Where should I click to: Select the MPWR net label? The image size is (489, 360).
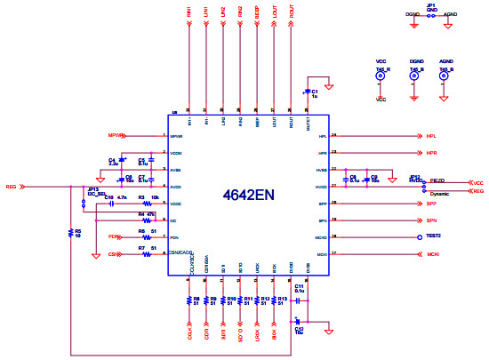click(x=114, y=136)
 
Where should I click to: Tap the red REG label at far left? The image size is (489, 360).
click(x=11, y=188)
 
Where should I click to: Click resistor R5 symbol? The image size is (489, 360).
click(x=71, y=232)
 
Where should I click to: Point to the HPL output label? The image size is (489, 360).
click(x=430, y=137)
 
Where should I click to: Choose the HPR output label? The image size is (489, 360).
click(x=430, y=153)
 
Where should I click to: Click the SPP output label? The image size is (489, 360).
click(x=430, y=204)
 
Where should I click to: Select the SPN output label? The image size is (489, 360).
click(x=430, y=220)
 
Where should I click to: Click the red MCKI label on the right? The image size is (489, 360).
click(x=432, y=254)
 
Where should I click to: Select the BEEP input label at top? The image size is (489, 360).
click(x=257, y=16)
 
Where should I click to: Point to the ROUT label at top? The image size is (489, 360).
click(x=291, y=15)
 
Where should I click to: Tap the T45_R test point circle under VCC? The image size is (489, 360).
click(x=381, y=78)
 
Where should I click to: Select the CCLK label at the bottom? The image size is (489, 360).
click(x=189, y=336)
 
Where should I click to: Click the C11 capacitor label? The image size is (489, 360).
click(x=300, y=284)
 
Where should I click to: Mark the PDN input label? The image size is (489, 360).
click(x=114, y=237)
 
